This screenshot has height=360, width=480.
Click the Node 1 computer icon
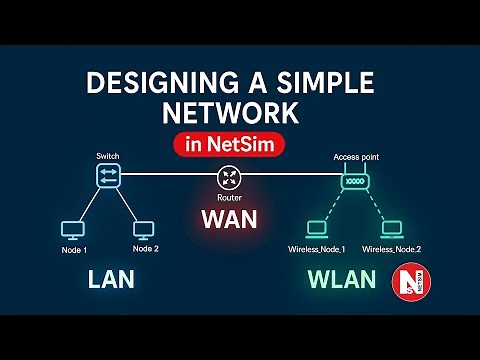tap(72, 230)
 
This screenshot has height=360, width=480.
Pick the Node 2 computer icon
tap(142, 230)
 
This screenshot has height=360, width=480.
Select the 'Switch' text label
tap(107, 157)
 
